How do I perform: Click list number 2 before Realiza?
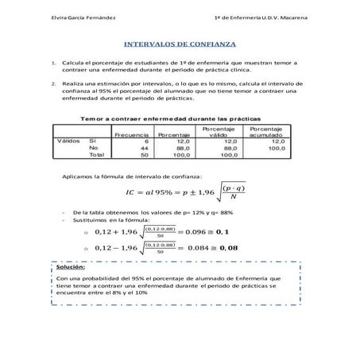[52, 83]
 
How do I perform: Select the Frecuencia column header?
[131, 135]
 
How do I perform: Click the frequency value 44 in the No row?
[144, 148]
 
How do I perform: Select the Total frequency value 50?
[144, 155]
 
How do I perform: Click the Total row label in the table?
[97, 155]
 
